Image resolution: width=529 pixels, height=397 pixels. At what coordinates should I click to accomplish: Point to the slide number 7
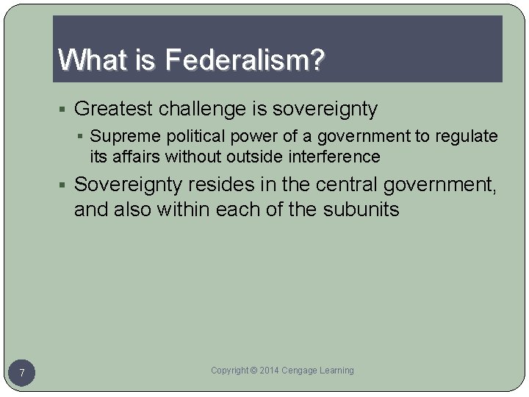[22, 373]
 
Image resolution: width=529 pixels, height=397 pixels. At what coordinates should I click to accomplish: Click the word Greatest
[112, 110]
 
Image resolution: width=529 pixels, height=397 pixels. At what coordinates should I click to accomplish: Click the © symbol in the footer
[253, 371]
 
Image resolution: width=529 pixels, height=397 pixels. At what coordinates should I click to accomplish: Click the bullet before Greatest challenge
[65, 110]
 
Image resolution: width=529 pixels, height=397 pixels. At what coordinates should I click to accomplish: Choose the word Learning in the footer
[337, 371]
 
